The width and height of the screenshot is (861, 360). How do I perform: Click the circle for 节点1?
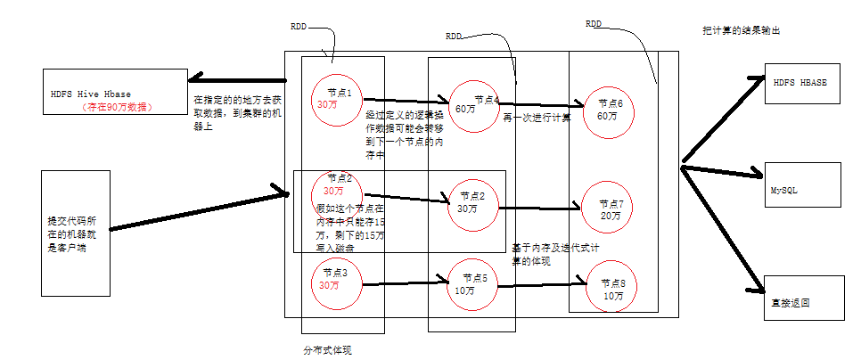(337, 98)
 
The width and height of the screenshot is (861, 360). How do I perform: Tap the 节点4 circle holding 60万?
(472, 105)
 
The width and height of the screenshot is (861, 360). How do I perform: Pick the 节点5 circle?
(471, 284)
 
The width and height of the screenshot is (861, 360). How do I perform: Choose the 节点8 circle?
(611, 289)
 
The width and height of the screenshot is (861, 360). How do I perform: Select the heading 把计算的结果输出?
(742, 30)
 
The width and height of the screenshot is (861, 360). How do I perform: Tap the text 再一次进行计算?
(537, 117)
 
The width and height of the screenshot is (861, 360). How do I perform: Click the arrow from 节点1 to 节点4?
(406, 102)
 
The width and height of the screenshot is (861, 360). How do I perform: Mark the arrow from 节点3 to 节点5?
(406, 284)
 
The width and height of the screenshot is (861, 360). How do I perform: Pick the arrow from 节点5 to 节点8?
(544, 285)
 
